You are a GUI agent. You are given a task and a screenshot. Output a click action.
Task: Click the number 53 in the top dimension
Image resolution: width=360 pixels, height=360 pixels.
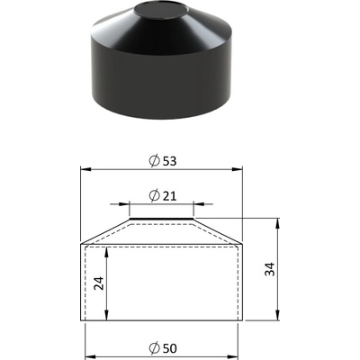[x=170, y=161]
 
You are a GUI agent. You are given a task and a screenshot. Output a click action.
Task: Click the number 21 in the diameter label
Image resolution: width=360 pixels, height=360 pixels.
[x=170, y=196]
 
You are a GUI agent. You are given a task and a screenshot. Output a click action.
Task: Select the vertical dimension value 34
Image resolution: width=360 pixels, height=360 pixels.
[x=270, y=269]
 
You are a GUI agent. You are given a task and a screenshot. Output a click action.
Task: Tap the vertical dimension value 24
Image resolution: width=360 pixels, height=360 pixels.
[x=99, y=283]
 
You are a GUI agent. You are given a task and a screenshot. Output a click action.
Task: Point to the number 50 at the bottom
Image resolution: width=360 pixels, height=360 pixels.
[x=170, y=348]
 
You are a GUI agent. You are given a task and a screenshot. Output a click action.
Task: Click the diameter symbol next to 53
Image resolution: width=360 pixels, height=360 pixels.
[x=154, y=161]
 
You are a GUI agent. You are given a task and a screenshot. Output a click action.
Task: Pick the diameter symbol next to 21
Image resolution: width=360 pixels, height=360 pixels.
[x=154, y=195]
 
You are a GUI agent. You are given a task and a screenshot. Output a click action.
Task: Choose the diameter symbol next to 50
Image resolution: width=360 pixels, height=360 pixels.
[x=154, y=348]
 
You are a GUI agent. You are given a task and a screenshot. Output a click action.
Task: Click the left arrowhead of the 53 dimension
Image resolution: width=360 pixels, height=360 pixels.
[x=85, y=169]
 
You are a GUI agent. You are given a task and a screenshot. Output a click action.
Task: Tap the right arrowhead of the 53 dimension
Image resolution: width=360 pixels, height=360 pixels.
[x=237, y=169]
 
